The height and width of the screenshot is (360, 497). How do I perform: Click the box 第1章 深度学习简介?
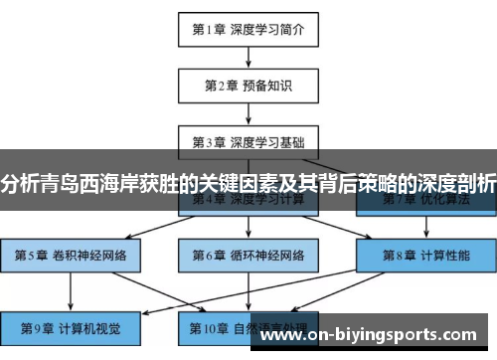point(248,30)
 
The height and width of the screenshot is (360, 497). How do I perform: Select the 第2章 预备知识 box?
point(248,86)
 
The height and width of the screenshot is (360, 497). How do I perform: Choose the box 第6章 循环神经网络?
point(248,255)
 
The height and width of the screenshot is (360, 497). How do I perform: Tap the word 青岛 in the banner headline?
point(68,183)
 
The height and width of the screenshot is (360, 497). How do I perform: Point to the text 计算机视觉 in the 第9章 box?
point(88,326)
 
